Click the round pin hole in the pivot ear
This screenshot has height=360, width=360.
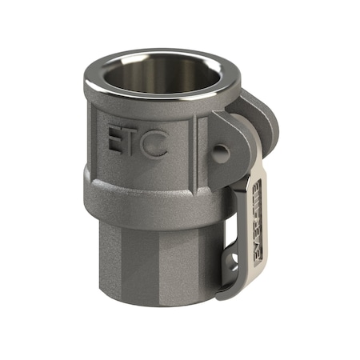coord(222,151)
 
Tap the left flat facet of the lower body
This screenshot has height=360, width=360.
coord(120,256)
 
